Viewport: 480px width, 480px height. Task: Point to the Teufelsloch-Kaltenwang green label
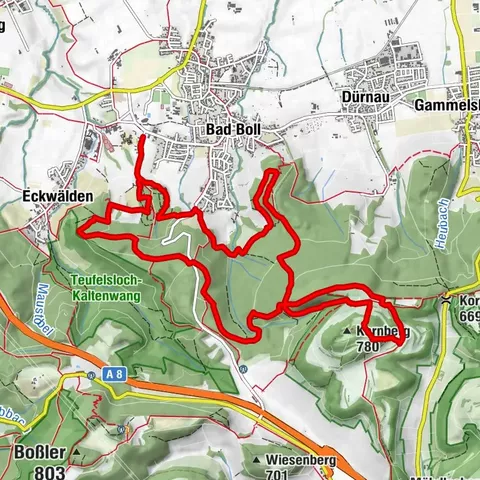[x=108, y=287]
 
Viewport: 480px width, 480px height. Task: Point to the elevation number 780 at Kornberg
[x=368, y=348]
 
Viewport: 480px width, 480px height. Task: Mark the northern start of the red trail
[x=139, y=137]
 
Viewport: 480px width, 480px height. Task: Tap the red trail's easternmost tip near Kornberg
[x=403, y=342]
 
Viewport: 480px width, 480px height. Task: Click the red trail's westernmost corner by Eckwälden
[x=79, y=233]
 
